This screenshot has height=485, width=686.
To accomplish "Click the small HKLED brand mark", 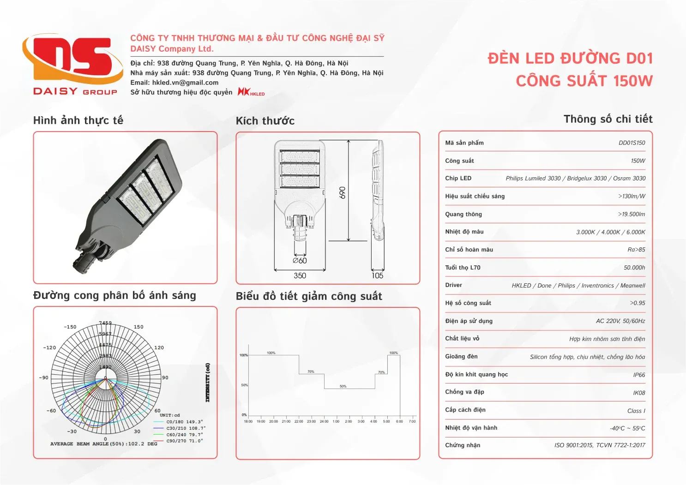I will (251, 92).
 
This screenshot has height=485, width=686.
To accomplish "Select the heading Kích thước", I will (265, 121).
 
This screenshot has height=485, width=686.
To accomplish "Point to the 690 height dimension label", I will (342, 192).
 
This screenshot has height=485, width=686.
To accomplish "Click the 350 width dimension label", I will (300, 275).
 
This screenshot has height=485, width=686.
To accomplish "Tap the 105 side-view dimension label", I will (377, 275).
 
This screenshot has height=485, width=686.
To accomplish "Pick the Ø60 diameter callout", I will (300, 261).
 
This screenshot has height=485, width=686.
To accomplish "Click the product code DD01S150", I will (632, 143).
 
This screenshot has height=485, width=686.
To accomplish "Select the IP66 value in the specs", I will (639, 375).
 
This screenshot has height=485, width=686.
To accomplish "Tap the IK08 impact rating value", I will (639, 393).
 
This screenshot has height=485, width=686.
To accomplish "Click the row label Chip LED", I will (458, 178).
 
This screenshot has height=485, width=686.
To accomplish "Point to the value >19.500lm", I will (632, 215).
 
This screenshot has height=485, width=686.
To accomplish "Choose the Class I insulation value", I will (636, 411).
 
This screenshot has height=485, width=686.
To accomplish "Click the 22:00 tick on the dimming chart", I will (299, 421).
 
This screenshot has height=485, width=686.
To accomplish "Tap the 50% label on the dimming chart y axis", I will (244, 385).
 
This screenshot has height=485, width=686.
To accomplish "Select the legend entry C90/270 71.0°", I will (184, 441).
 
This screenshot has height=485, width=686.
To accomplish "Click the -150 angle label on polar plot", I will (70, 327).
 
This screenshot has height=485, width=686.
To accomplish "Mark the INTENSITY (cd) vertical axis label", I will (207, 382).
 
